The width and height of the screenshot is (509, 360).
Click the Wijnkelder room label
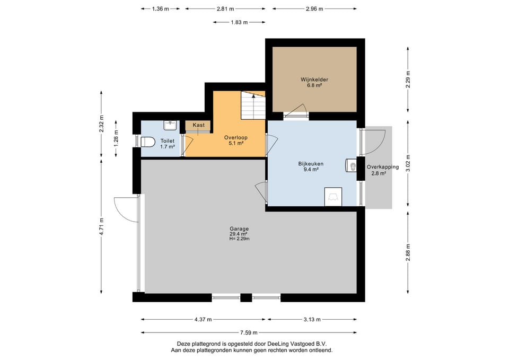click(x=314, y=80)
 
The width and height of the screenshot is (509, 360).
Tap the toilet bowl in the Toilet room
click(x=148, y=142)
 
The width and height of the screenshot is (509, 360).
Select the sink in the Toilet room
click(x=170, y=125)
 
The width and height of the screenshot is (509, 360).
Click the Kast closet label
click(x=199, y=125)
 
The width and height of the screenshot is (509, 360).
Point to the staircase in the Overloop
click(x=253, y=105)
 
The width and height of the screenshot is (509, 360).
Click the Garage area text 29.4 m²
click(x=239, y=234)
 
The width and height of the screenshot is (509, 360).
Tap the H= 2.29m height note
click(x=239, y=239)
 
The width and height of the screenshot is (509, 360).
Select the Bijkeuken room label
click(x=311, y=164)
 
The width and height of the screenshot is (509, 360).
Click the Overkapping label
click(x=383, y=167)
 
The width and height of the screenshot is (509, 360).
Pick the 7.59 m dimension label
click(x=249, y=332)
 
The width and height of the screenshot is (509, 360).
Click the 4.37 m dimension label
click(x=203, y=319)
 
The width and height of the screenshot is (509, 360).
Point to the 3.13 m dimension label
click(x=312, y=319)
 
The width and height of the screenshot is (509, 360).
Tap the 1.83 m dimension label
click(x=239, y=22)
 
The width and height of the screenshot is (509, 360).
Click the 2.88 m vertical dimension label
click(x=408, y=252)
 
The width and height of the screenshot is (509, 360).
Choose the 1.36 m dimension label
click(x=160, y=9)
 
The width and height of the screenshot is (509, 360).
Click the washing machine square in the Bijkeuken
click(x=333, y=197)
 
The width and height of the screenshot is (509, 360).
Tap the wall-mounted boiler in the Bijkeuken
click(x=351, y=165)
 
